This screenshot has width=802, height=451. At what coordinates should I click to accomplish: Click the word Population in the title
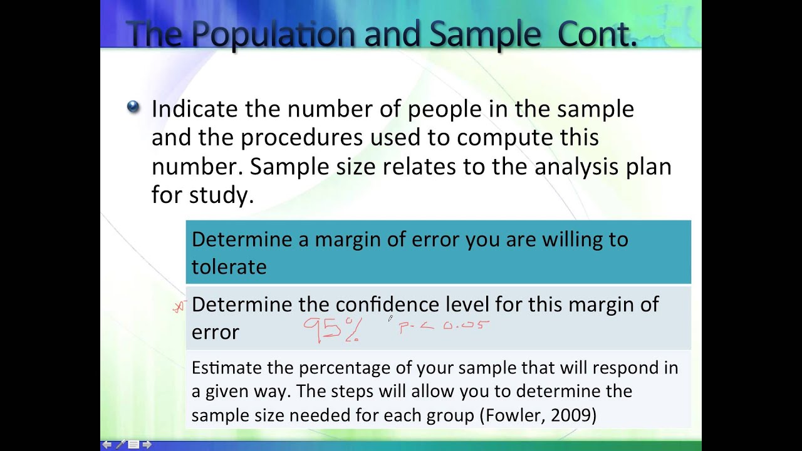[x=274, y=34]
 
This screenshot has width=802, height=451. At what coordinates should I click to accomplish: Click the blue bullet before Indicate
[x=133, y=107]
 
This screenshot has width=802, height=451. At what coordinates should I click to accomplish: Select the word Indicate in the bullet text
[x=195, y=109]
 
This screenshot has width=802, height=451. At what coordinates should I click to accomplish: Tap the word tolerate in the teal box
[x=229, y=267]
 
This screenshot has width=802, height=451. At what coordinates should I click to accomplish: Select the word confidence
[x=388, y=304]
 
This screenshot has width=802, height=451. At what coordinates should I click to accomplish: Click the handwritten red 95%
[x=333, y=329]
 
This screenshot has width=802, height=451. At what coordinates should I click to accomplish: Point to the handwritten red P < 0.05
[x=444, y=326]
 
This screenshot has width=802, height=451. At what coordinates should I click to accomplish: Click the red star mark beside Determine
[x=180, y=306]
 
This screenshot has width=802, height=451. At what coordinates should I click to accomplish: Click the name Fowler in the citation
[x=511, y=415]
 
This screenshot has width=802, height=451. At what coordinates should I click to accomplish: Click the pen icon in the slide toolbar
[x=120, y=445]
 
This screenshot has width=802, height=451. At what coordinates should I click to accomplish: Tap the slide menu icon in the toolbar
[x=133, y=445]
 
